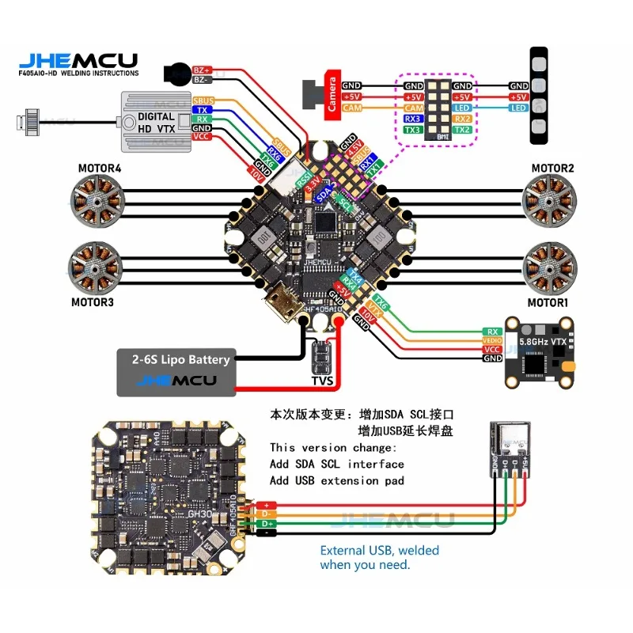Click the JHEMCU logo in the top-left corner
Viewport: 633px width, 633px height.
pos(78,61)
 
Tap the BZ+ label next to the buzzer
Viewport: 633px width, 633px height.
pos(202,70)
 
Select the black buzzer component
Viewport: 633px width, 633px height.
pos(176,74)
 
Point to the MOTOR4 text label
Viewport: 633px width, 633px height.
pos(100,168)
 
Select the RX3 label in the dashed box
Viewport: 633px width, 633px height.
pos(413,119)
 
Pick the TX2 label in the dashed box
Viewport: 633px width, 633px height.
pos(463,130)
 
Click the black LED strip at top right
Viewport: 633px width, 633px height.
pos(538,96)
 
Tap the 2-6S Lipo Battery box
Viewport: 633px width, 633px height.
pos(176,371)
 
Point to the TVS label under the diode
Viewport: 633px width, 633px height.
pos(323,380)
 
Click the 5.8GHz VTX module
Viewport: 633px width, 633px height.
pos(540,353)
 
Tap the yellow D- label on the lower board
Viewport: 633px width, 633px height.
pos(266,514)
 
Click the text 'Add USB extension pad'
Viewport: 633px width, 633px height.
pos(337,480)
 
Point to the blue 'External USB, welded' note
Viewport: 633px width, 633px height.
pos(379,550)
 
